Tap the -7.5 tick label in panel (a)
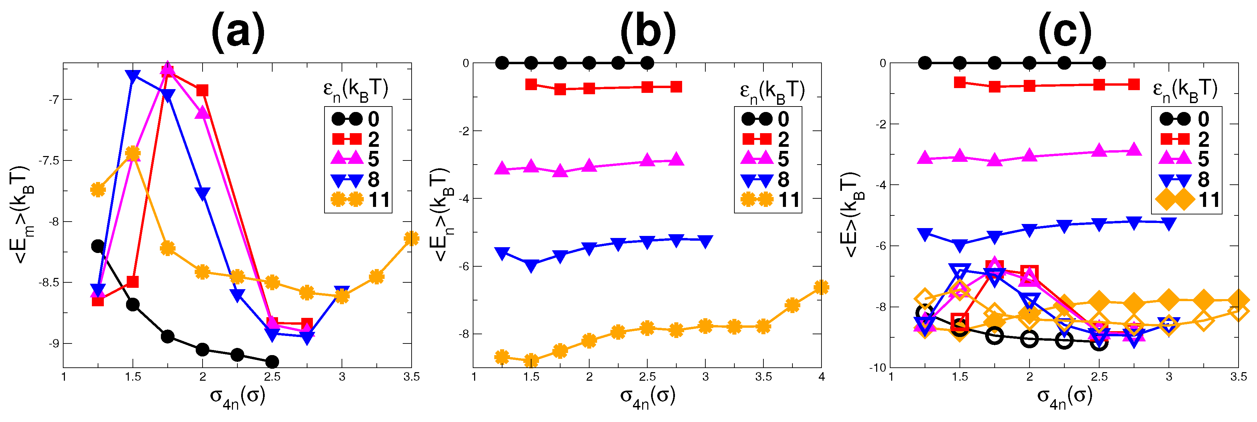[x=50, y=160]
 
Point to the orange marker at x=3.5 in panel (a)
[x=411, y=239]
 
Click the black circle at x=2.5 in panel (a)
[x=272, y=362]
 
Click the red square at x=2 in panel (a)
[x=202, y=90]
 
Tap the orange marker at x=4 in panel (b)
[x=821, y=287]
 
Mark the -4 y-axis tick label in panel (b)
[x=463, y=199]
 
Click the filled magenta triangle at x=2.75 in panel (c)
[x=1134, y=150]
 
